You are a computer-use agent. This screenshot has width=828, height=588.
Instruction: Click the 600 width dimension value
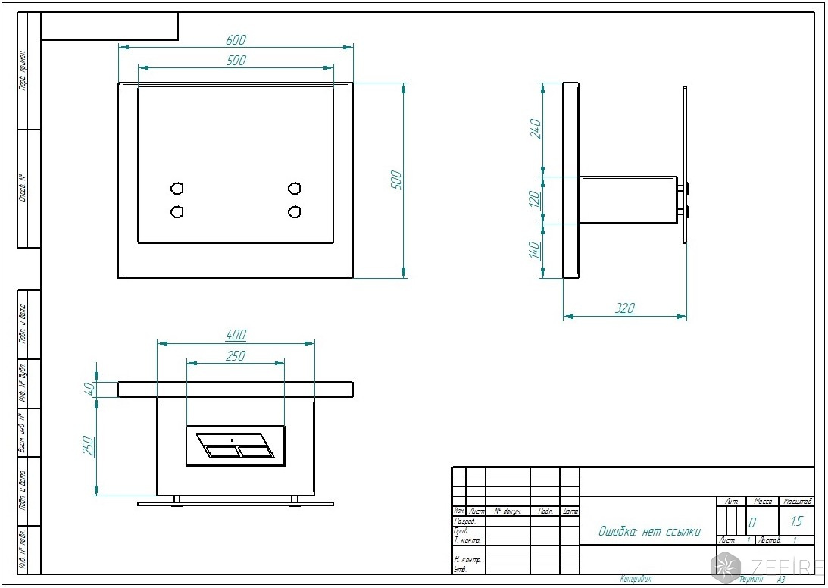point(236,40)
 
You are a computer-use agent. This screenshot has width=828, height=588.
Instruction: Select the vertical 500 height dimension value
point(396,180)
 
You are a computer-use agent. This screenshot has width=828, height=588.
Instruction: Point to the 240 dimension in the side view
point(534,129)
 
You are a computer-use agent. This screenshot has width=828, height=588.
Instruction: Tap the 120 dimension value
point(534,200)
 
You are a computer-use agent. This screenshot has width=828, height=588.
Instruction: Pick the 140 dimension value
point(534,250)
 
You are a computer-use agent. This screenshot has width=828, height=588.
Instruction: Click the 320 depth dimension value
point(625,308)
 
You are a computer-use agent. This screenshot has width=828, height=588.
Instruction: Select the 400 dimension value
point(236,335)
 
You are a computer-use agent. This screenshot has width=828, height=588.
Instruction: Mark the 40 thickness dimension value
point(89,389)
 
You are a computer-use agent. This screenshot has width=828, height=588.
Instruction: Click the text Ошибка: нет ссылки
point(650,532)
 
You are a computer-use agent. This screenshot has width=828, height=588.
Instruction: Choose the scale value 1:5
point(796,521)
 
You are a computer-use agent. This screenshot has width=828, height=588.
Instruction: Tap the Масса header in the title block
point(762,502)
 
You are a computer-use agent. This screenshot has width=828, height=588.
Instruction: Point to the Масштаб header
point(798,502)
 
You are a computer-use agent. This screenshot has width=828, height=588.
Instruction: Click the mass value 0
point(752,522)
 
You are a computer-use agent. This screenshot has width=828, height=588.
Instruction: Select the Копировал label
point(636,579)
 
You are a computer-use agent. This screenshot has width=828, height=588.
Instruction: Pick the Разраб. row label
point(464,521)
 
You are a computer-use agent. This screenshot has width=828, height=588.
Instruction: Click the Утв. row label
point(460,569)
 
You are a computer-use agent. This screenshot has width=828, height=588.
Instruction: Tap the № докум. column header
point(508,511)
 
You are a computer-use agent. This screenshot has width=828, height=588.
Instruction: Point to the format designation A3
point(780,579)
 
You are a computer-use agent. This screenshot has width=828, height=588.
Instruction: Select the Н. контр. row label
point(467,559)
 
